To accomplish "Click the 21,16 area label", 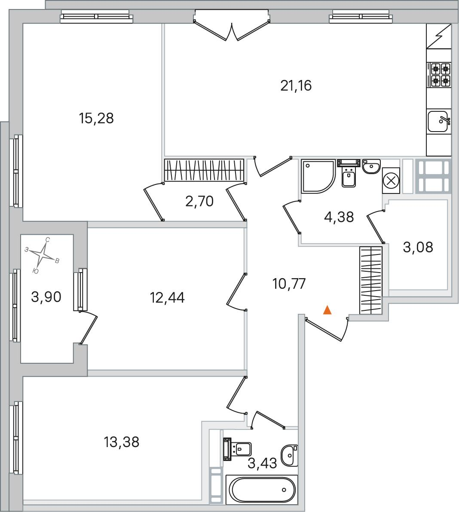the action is click(x=296, y=86).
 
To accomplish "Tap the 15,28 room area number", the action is click(x=96, y=118).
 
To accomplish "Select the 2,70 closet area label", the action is click(x=199, y=202).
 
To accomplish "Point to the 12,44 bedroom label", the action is click(x=167, y=298).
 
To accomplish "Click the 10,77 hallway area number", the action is click(x=289, y=284).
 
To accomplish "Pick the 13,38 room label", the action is click(x=122, y=442).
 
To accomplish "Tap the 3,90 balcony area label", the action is click(x=46, y=297).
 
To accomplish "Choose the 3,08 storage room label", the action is click(x=418, y=248).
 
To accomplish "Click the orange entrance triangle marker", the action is click(x=327, y=310).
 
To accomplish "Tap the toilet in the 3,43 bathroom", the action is click(x=237, y=449).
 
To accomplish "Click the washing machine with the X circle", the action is click(x=391, y=181).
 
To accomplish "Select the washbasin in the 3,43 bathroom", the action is click(x=290, y=455).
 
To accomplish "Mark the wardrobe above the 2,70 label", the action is click(x=204, y=170).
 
